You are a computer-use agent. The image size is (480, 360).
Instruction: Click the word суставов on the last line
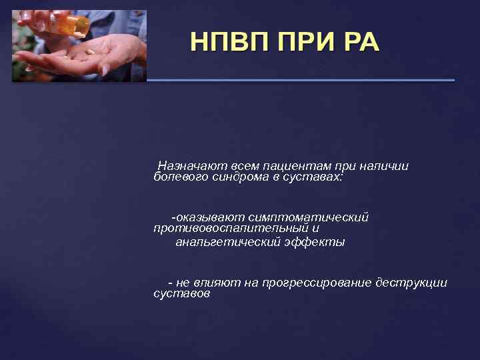[181, 294]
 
